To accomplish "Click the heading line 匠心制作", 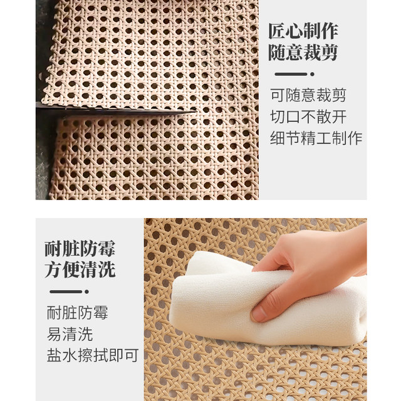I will click(303, 31).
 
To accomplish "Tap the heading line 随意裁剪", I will click(303, 53).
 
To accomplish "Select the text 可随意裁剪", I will click(308, 96).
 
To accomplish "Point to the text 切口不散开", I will click(308, 117).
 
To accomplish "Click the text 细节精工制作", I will click(316, 138).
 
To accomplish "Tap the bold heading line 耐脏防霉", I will click(80, 249).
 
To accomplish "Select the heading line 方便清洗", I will click(80, 271).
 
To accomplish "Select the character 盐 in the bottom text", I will click(54, 355).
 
